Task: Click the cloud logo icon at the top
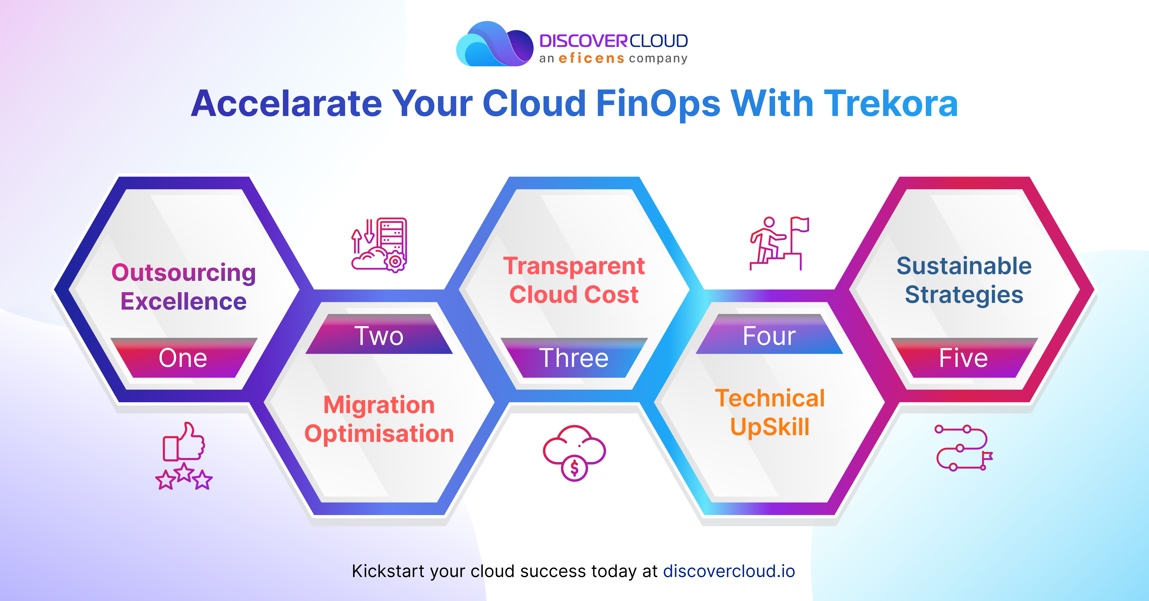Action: (x=494, y=45)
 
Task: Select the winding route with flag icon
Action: (x=963, y=448)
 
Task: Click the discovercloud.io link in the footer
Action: (x=729, y=571)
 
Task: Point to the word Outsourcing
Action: (x=183, y=272)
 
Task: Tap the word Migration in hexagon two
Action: (x=379, y=405)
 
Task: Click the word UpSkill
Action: (x=769, y=427)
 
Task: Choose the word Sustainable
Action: (x=964, y=266)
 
